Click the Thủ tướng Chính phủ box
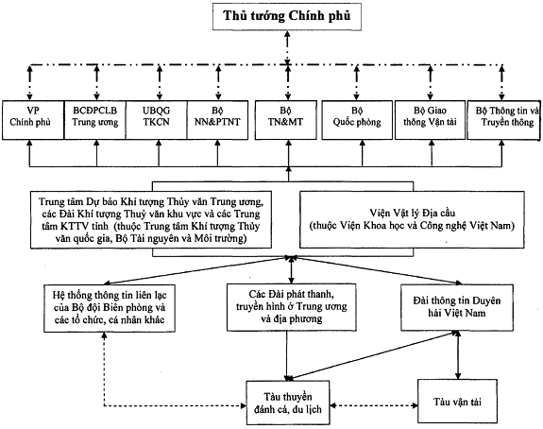287,17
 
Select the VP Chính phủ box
33,120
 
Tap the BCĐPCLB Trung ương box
94,120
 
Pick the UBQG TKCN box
157,120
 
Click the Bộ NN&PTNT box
217,120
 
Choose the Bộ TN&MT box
286,120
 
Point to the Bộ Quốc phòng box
357,120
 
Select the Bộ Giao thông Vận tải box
430,120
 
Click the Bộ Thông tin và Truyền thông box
503,120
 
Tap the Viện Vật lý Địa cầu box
412,220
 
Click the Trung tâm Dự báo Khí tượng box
151,220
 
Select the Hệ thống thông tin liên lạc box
110,308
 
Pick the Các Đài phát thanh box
292,307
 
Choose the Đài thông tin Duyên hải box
457,307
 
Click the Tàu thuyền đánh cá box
288,403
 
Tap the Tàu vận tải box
457,402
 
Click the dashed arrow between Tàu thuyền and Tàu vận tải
374,405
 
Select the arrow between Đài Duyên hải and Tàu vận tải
458,355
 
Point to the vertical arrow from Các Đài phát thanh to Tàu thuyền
287,356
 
